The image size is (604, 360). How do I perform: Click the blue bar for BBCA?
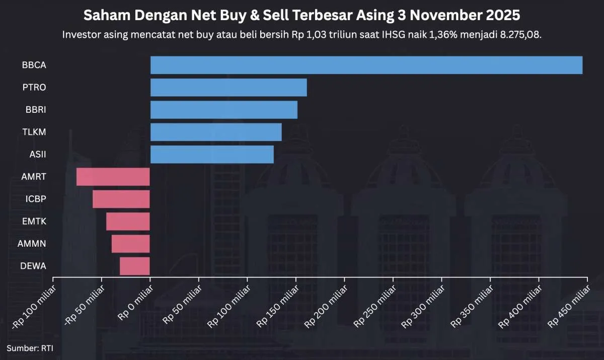[x=366, y=65]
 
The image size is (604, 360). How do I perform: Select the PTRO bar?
[x=229, y=88]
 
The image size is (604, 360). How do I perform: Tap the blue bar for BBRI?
[x=224, y=110]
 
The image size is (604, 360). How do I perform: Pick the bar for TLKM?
[x=216, y=132]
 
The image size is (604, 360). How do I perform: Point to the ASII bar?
[x=212, y=154]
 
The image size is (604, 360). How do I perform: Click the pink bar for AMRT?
[x=113, y=177]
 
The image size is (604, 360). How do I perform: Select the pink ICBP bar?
[x=121, y=199]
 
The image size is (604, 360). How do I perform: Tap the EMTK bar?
[x=128, y=222]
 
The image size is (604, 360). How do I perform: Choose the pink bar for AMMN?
[x=131, y=244]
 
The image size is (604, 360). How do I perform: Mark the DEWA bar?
[x=135, y=266]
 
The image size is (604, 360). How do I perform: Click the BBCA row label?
[x=34, y=65]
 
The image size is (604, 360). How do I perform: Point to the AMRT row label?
[x=34, y=177]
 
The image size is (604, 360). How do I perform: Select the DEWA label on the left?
[x=34, y=266]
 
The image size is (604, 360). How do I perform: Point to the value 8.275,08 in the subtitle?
[x=520, y=35]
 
